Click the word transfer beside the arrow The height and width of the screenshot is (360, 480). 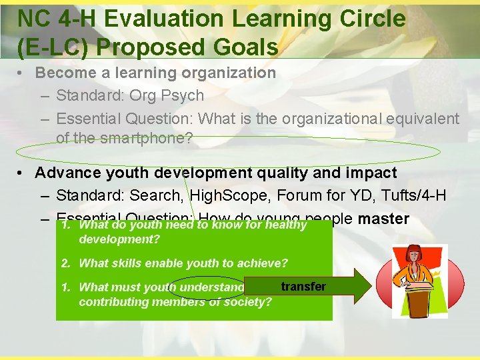[x=303, y=287]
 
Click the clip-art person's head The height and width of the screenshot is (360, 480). [x=413, y=254]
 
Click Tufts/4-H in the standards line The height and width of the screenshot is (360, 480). [x=413, y=196]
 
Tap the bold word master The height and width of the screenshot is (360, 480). [x=383, y=219]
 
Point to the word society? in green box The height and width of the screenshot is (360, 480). [x=247, y=301]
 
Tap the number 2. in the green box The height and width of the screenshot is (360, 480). [x=66, y=263]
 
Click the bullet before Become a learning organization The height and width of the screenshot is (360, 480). [x=23, y=73]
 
